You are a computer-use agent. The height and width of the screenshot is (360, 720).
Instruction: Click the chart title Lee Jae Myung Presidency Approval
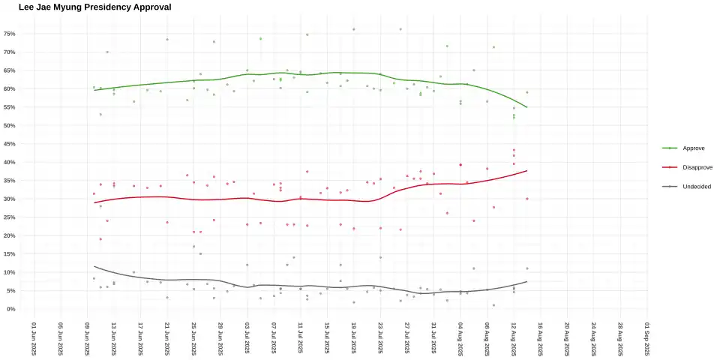tap(94, 7)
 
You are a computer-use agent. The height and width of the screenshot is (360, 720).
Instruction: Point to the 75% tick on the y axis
tap(10, 34)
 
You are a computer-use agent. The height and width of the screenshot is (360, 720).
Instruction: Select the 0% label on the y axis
tap(11, 309)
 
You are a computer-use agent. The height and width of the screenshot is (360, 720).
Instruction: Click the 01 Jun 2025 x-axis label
tap(34, 339)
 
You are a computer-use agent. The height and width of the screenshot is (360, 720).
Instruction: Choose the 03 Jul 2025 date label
tap(247, 339)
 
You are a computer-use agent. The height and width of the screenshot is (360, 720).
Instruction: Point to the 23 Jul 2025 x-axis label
tap(380, 339)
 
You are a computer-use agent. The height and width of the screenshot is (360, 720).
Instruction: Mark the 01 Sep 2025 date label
tap(646, 339)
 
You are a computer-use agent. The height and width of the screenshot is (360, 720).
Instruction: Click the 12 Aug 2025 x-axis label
tap(514, 339)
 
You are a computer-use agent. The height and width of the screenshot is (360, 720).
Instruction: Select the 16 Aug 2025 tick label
tap(540, 339)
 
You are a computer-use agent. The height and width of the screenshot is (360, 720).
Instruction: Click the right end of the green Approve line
tap(527, 107)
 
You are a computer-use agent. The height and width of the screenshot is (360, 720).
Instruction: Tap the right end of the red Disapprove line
tap(527, 171)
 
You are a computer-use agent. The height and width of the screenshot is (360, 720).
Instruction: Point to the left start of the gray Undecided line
tap(94, 266)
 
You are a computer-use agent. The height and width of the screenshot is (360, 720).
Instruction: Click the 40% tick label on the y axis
tap(10, 162)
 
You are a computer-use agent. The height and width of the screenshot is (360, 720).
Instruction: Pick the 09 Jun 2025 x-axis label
tap(87, 339)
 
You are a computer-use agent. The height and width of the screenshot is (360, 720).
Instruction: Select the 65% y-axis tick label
tap(10, 70)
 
